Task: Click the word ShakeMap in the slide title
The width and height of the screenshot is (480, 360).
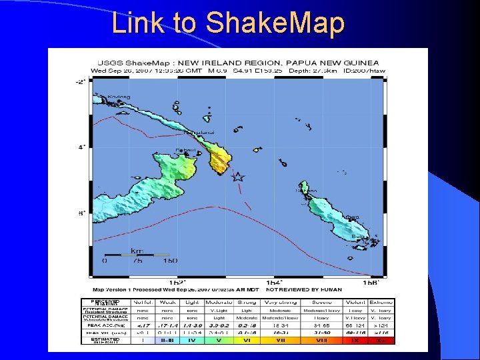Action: pyautogui.click(x=276, y=23)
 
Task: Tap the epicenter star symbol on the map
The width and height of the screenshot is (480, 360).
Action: pyautogui.click(x=237, y=177)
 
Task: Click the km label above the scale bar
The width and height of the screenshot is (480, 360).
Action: pyautogui.click(x=137, y=251)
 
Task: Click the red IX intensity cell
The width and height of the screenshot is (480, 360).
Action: pyautogui.click(x=356, y=340)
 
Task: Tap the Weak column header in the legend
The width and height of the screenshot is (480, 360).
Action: pyautogui.click(x=167, y=302)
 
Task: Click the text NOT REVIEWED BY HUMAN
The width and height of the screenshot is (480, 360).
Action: pyautogui.click(x=323, y=290)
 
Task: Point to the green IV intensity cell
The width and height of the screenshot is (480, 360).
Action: pyautogui.click(x=192, y=340)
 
